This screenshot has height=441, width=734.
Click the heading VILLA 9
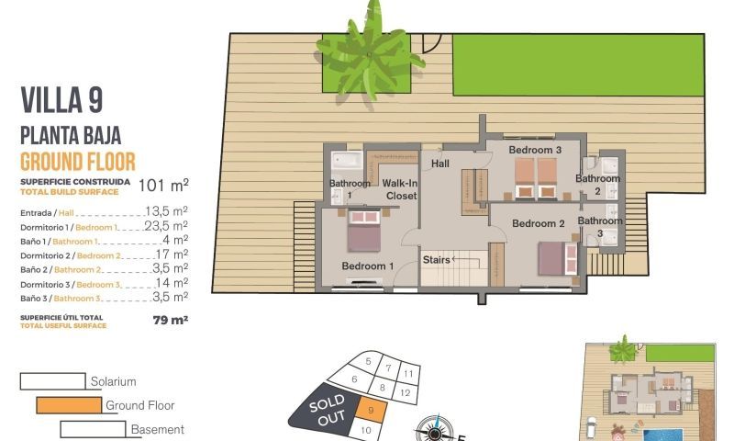(x=61, y=99)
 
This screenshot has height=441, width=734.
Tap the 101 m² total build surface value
(x=163, y=186)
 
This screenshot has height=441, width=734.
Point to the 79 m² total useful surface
(x=171, y=321)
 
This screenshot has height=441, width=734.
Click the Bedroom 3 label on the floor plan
(x=535, y=150)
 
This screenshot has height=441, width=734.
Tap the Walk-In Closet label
(x=400, y=189)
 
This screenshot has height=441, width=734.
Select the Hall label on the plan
(x=441, y=164)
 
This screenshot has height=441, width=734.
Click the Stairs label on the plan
(x=437, y=260)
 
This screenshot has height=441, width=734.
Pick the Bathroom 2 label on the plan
(x=598, y=185)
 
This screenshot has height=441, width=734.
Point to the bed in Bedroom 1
(x=363, y=232)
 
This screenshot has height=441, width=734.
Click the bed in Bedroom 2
(x=557, y=257)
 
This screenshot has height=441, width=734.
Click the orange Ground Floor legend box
(x=69, y=404)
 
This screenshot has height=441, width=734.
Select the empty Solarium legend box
(x=52, y=380)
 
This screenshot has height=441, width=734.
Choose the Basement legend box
(x=93, y=429)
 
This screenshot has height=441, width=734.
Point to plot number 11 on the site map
(x=409, y=374)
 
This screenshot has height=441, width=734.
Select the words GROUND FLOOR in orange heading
(x=78, y=163)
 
